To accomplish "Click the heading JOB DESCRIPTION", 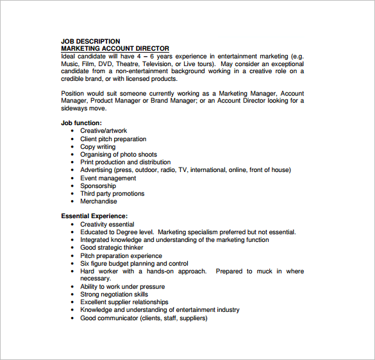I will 90,41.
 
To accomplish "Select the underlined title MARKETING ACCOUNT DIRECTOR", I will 115,49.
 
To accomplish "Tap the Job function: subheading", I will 81,123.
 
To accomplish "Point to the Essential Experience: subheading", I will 94,216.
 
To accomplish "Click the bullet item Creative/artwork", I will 103,131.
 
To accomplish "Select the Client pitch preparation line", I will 113,139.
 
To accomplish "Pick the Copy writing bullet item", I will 97,147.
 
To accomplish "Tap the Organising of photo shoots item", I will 119,155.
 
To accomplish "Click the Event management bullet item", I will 108,178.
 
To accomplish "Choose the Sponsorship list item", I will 98,185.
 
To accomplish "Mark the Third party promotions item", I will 112,194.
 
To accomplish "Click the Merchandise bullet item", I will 99,201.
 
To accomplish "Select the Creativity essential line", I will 107,225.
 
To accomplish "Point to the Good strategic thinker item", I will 112,248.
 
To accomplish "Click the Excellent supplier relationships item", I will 124,302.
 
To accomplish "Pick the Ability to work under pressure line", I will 122,287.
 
